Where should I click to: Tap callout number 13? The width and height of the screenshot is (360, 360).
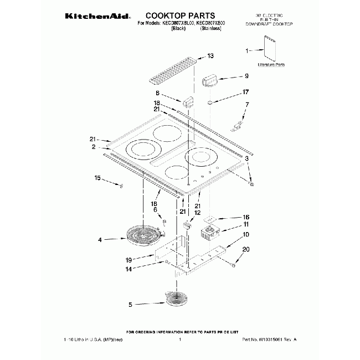coord(210,56)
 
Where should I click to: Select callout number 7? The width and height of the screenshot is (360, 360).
coord(247,105)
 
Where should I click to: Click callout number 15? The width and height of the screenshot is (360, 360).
coord(97,178)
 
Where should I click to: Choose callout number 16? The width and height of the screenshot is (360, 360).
coord(246,217)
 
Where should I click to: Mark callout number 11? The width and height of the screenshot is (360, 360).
coord(246,225)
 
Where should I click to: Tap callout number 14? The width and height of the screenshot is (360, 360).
coord(128,269)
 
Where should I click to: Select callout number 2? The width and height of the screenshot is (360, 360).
coord(94,147)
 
